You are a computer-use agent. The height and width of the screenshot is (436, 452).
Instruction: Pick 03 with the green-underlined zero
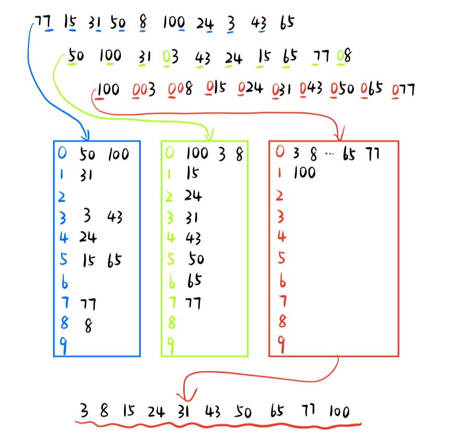click(x=171, y=56)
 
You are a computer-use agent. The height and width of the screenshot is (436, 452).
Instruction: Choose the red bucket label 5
click(x=281, y=257)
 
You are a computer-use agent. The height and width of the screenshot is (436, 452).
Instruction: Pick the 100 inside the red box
click(x=304, y=173)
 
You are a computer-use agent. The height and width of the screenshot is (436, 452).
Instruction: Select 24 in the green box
click(x=193, y=196)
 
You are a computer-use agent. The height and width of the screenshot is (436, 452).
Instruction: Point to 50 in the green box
click(x=195, y=258)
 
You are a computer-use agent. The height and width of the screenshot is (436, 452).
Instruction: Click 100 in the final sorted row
click(x=339, y=412)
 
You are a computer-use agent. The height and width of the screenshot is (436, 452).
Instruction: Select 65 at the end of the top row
click(x=286, y=23)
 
